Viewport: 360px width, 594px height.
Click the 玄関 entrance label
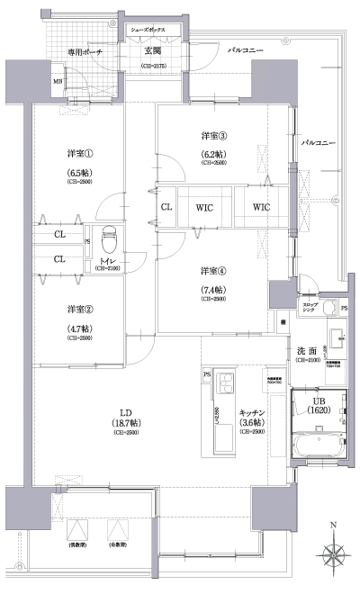point(153,51)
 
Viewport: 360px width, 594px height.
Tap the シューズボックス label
point(153,30)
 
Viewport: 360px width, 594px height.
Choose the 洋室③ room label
point(214,136)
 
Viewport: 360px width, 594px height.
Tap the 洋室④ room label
point(214,271)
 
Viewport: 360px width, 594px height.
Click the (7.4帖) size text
point(214,288)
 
